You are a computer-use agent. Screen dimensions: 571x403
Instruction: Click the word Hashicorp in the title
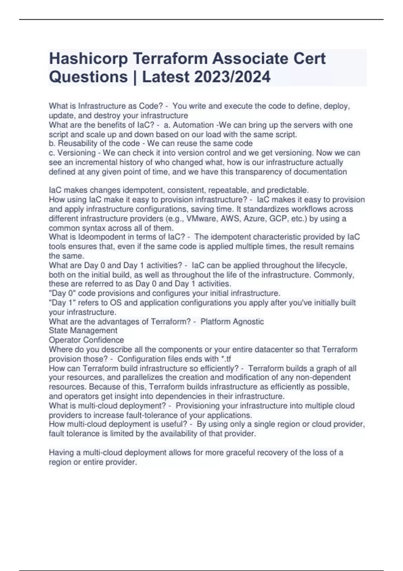[88, 59]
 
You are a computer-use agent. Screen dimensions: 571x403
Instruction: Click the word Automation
[193, 125]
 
